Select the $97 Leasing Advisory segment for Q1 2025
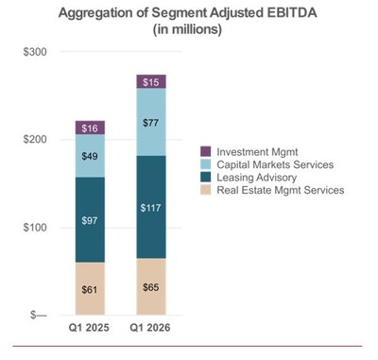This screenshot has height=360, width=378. point(89,219)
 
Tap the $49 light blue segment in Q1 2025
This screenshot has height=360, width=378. point(89,156)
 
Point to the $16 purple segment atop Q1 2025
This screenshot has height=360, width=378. point(89,128)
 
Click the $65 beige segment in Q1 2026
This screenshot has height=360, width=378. point(151,285)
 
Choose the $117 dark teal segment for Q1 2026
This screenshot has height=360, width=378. point(151,207)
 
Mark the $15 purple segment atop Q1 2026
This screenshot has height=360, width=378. point(151,82)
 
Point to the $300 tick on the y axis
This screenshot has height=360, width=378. point(35,51)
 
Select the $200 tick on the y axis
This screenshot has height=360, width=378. point(35,139)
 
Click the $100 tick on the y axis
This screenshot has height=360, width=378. point(35,227)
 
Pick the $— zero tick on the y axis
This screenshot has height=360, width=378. point(34,315)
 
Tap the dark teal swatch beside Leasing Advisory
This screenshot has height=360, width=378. point(206,178)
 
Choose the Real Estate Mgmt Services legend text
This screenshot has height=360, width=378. point(281,191)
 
